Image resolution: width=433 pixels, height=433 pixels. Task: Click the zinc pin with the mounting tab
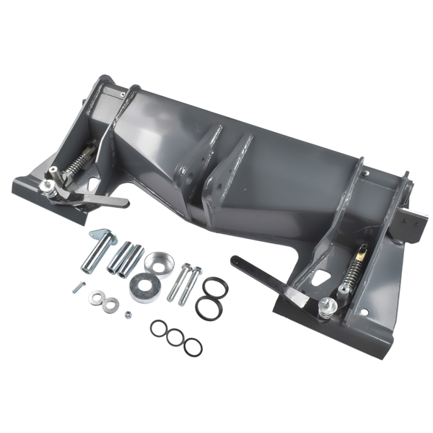[x=99, y=249]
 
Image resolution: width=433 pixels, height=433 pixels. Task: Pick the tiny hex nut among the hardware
[x=128, y=314]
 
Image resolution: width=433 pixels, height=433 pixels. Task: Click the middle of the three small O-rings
[x=175, y=337]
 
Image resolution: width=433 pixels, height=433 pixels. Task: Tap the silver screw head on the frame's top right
[x=367, y=174]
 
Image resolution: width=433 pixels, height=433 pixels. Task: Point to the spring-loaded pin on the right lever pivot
[x=328, y=307]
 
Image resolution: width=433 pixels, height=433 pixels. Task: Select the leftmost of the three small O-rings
[x=159, y=328]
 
